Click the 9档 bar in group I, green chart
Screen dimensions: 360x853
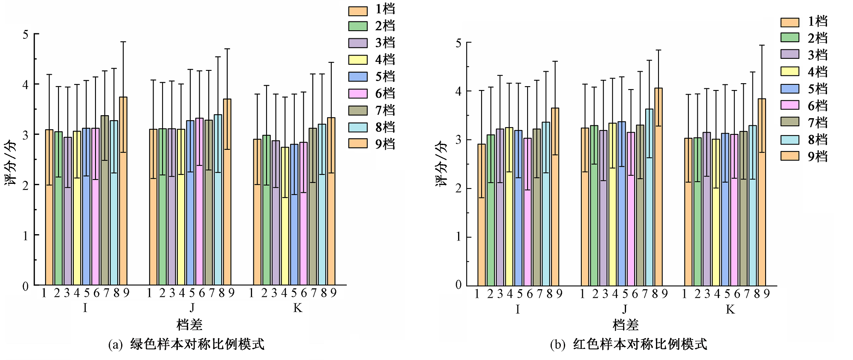[x=123, y=192]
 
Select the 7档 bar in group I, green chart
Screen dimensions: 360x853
[x=105, y=200]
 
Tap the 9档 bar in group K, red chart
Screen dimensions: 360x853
[x=762, y=192]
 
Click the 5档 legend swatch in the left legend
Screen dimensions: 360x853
[x=358, y=76]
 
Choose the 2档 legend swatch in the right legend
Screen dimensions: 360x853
[x=790, y=38]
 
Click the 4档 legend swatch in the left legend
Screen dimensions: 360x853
[x=358, y=60]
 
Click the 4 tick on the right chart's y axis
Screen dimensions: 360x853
[x=458, y=91]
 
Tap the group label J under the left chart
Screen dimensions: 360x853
[x=192, y=308]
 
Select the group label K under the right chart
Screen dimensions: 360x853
[x=730, y=309]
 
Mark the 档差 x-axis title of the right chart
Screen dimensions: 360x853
[x=625, y=325]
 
